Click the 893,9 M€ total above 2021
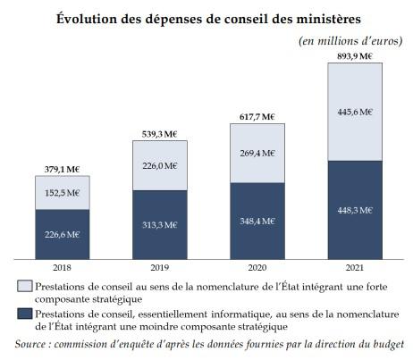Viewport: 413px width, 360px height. pyautogui.click(x=355, y=56)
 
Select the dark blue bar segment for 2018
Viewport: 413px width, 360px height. pyautogui.click(x=63, y=234)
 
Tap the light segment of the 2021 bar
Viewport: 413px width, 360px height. pyautogui.click(x=355, y=112)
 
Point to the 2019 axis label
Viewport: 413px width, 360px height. pyautogui.click(x=160, y=267)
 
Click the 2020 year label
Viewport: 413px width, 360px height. pyautogui.click(x=257, y=267)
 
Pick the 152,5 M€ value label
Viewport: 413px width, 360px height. pyautogui.click(x=63, y=193)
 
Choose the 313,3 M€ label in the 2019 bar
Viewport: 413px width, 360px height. pyautogui.click(x=160, y=225)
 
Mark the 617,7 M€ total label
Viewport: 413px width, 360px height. pyautogui.click(x=257, y=117)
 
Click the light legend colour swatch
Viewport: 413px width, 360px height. pyautogui.click(x=25, y=286)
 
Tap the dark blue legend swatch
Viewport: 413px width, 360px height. pyautogui.click(x=25, y=314)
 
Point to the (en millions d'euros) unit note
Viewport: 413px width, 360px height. pyautogui.click(x=350, y=41)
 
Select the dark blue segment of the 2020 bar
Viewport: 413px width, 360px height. pyautogui.click(x=257, y=221)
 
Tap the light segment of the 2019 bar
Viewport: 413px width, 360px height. pyautogui.click(x=160, y=165)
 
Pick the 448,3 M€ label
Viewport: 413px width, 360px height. pyautogui.click(x=355, y=211)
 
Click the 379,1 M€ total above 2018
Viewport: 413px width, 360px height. pyautogui.click(x=62, y=170)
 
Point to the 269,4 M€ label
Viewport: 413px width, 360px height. pyautogui.click(x=257, y=154)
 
